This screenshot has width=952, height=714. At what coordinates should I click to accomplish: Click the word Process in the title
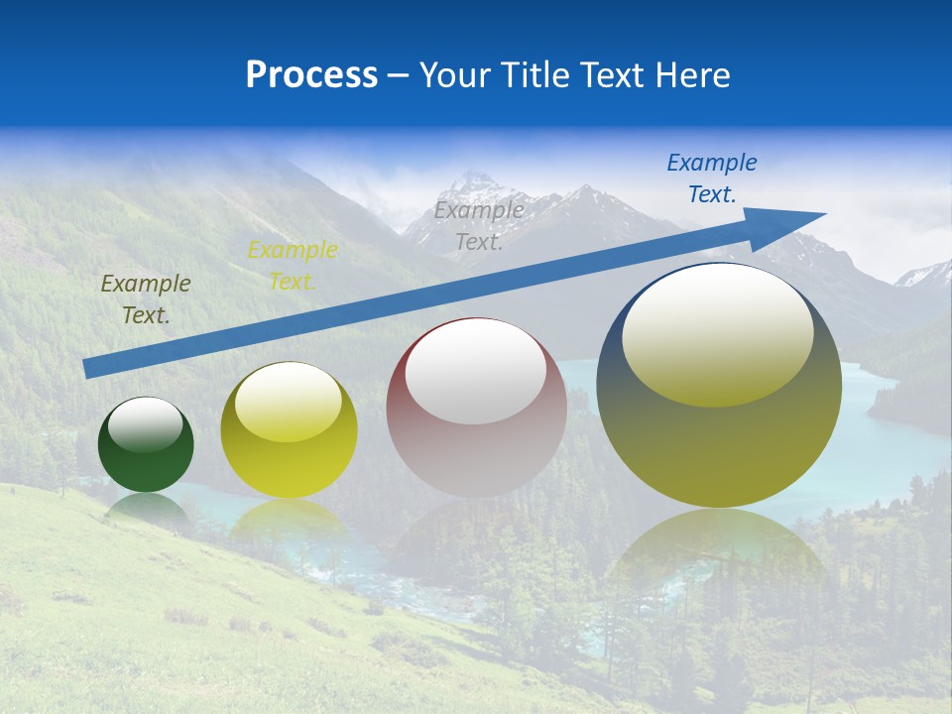(x=311, y=75)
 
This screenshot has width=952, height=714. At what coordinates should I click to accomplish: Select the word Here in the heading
(x=693, y=75)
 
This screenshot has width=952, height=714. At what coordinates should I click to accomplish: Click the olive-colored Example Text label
(x=146, y=298)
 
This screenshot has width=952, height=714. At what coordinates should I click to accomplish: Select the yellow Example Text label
(x=293, y=265)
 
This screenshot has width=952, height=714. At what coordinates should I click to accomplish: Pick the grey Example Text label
(x=479, y=225)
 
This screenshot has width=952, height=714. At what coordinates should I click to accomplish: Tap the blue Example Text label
(x=712, y=178)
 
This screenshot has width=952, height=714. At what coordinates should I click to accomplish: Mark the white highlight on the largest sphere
(x=718, y=333)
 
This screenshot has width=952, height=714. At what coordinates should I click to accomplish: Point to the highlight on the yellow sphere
(x=289, y=402)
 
